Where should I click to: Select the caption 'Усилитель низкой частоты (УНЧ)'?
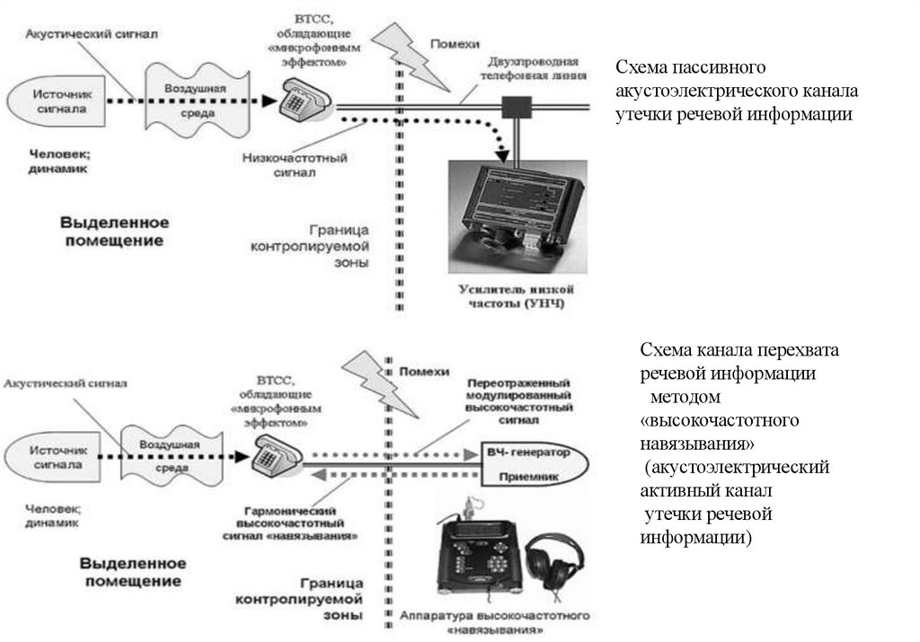515,297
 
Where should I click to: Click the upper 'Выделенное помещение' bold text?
114,231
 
